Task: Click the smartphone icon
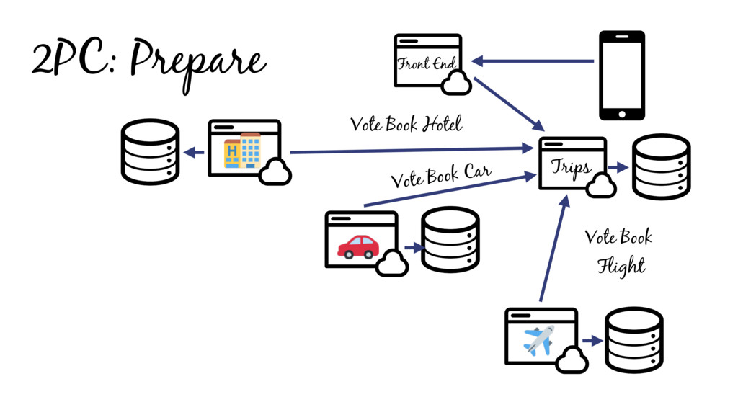point(622,75)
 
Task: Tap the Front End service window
point(427,61)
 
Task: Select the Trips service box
point(572,164)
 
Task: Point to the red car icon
point(358,246)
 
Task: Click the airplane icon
point(539,340)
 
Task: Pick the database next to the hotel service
point(149,151)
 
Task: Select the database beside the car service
point(450,240)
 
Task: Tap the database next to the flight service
point(633,340)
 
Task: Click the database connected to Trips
point(661,166)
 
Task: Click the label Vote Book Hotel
point(406,125)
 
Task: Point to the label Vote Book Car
point(440,175)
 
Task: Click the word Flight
point(621,266)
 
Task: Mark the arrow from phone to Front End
point(533,61)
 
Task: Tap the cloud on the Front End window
point(455,85)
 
